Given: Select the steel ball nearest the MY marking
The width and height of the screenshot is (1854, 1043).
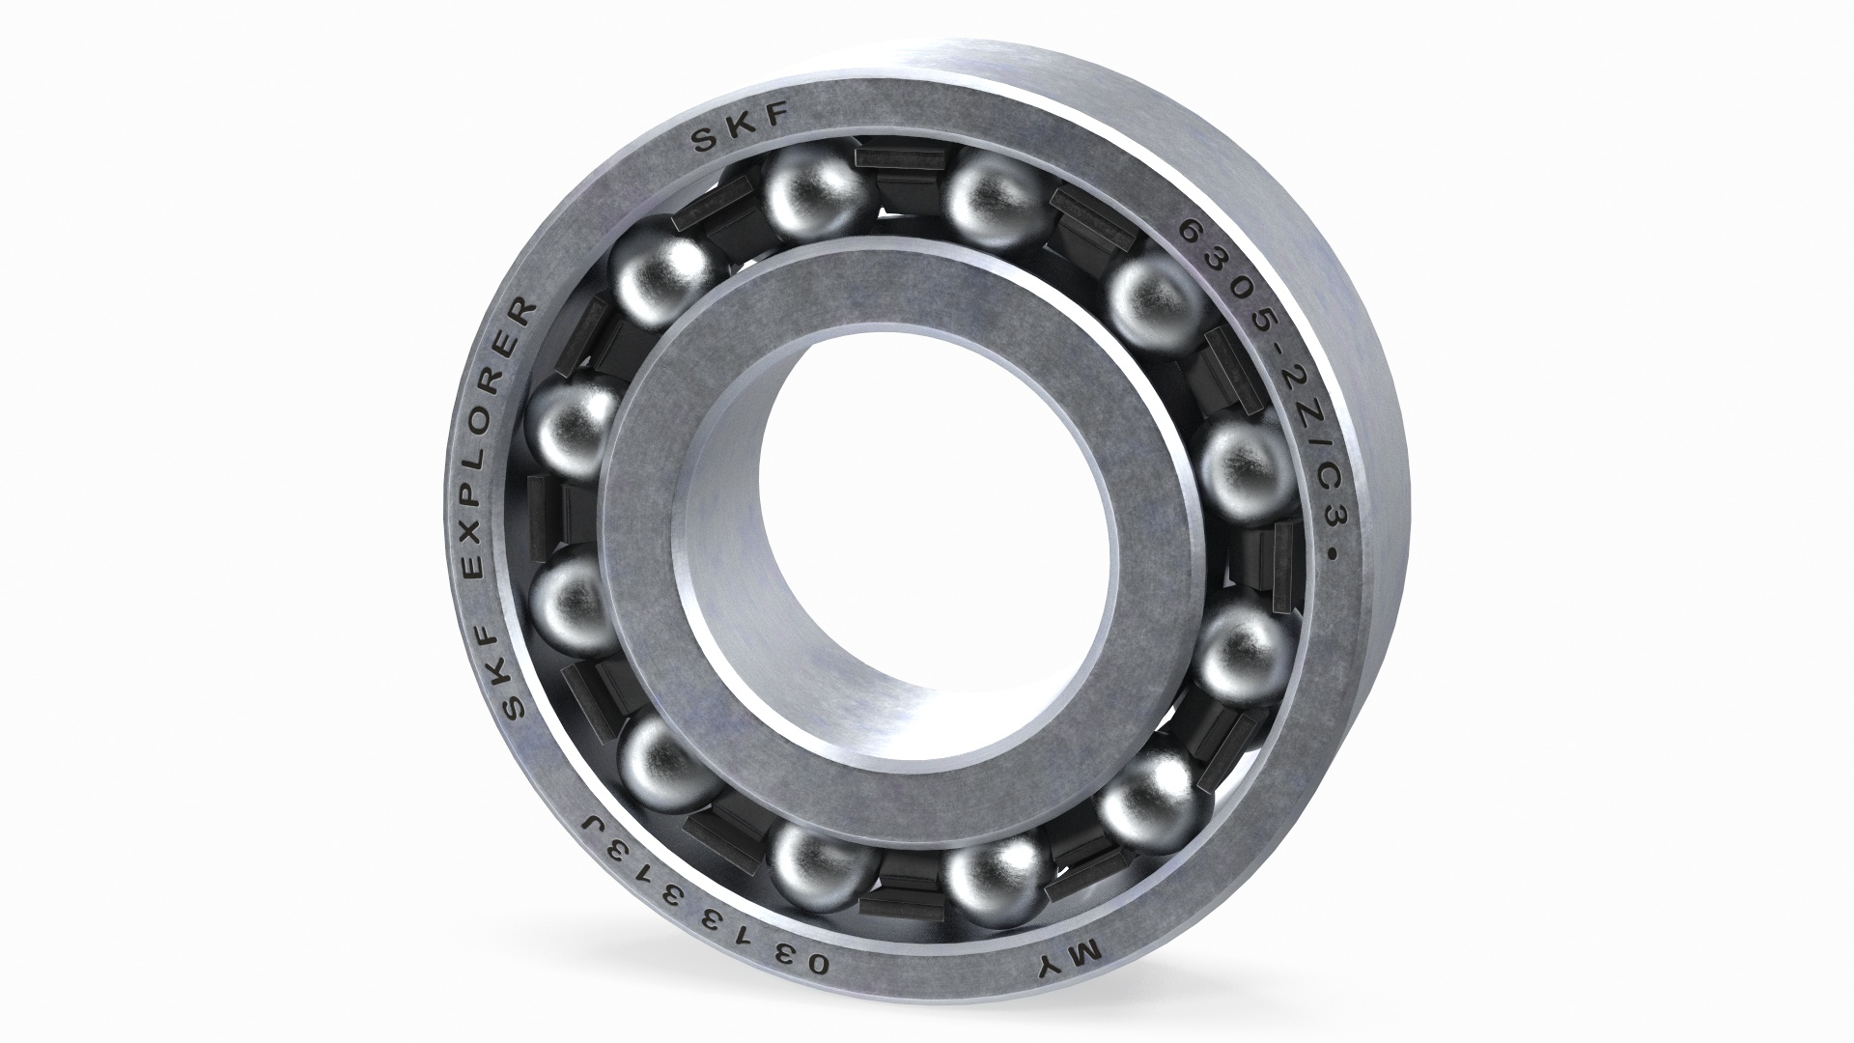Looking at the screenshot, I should tap(995, 875).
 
